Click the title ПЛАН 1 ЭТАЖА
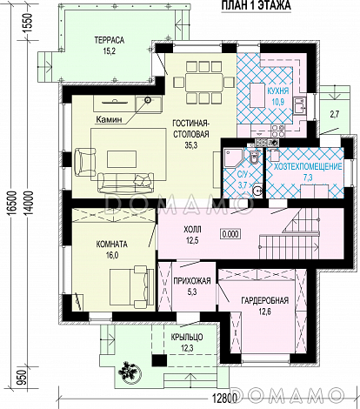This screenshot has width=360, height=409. point(257,5)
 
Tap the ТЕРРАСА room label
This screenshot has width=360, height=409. point(110,40)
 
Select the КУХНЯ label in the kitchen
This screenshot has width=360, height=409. point(278,91)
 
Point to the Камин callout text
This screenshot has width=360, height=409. point(109,119)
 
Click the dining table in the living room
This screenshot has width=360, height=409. point(204,83)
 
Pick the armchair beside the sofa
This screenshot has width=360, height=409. point(85,162)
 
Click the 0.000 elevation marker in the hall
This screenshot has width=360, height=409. point(230,234)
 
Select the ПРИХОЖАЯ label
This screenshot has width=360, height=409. point(192,281)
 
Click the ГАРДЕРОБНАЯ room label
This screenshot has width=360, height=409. point(265,300)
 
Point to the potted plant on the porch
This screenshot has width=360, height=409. point(130,370)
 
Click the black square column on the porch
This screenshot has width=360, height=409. point(159,360)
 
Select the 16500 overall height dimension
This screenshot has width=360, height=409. point(12,202)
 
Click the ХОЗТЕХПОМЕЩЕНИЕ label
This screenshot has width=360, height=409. point(308,167)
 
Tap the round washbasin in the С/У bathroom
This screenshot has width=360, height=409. point(257,191)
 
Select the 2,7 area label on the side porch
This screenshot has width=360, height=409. point(334,115)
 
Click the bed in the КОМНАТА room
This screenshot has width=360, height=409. point(131,286)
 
